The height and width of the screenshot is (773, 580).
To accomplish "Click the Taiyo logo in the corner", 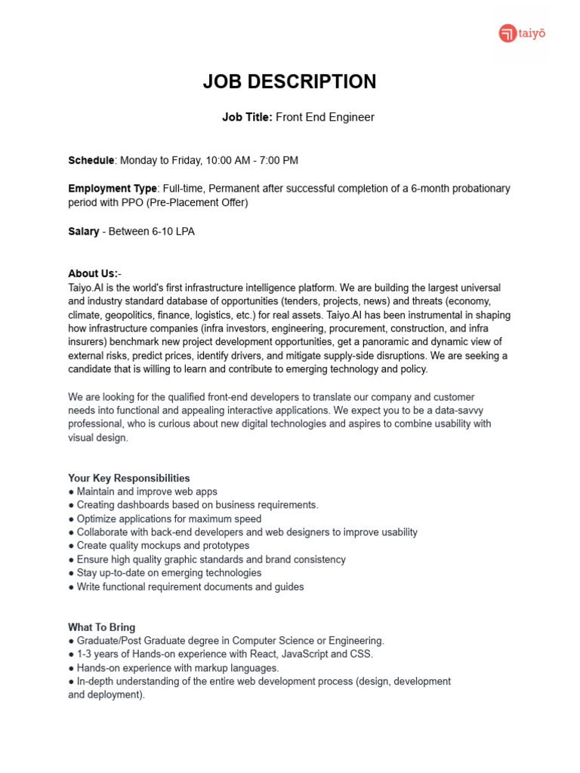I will click(x=522, y=34).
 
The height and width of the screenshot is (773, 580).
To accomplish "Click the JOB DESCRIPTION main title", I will click(x=289, y=82).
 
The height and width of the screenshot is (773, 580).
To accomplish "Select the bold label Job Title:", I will click(x=247, y=117).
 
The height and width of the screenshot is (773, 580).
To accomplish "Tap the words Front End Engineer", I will click(x=325, y=117).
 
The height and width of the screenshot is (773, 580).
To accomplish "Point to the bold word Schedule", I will click(x=91, y=160).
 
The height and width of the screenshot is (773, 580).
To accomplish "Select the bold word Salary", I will click(x=83, y=232).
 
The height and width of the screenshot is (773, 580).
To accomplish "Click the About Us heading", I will click(x=94, y=273).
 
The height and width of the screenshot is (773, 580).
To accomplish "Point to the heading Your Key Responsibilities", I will click(x=128, y=478).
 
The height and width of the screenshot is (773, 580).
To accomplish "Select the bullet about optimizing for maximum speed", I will click(x=168, y=519).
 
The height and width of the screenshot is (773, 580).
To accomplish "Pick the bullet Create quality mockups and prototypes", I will click(x=162, y=545).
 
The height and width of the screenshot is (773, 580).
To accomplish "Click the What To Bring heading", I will click(x=102, y=627).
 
